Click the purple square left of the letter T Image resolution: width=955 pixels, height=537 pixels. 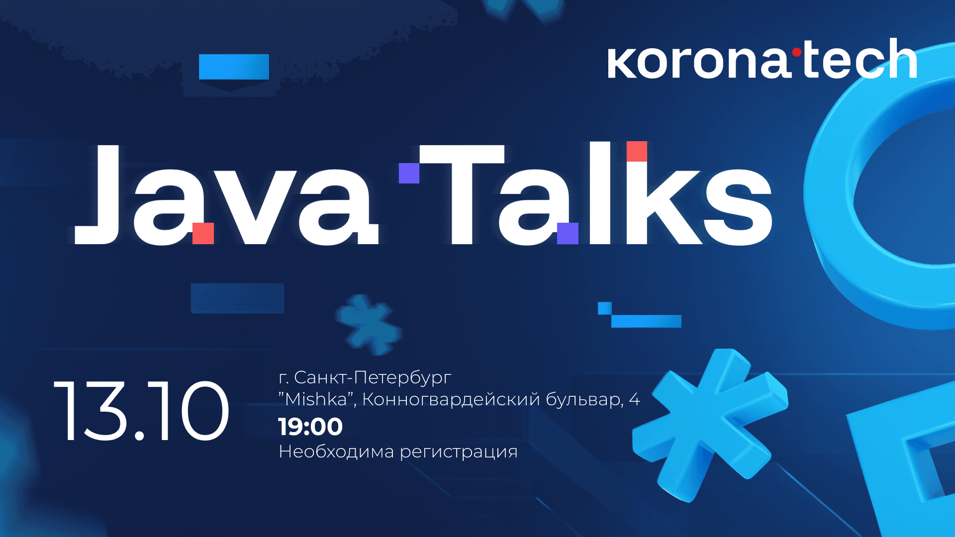[x=409, y=173]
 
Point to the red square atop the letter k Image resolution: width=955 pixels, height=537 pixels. [x=637, y=151]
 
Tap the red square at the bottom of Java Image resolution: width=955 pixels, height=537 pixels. [x=203, y=233]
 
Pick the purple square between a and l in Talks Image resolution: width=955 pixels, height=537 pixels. [x=568, y=233]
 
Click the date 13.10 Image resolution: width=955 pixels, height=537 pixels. [x=141, y=411]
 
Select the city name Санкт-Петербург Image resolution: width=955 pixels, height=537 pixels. [x=373, y=378]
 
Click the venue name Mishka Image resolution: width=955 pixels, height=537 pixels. [x=316, y=399]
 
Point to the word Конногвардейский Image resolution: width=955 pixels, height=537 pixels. [x=451, y=400]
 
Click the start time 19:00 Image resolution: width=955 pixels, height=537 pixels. [x=310, y=427]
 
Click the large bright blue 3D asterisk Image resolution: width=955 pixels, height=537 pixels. [x=709, y=423]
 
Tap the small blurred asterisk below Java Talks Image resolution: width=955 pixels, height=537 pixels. [x=368, y=325]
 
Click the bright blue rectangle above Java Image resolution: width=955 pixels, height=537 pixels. [x=234, y=67]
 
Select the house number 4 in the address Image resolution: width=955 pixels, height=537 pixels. [x=634, y=399]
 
